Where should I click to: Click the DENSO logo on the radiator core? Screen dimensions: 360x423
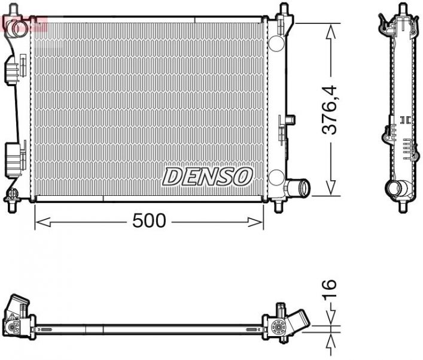point(208,176)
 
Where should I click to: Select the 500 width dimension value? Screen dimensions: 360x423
point(148,221)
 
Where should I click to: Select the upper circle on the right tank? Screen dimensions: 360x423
point(276,43)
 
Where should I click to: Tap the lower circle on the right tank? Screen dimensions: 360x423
point(276,177)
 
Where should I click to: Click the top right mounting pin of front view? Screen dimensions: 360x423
point(281,11)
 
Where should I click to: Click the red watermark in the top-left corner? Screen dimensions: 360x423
point(24,24)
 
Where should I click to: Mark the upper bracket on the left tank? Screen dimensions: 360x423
point(13,71)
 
